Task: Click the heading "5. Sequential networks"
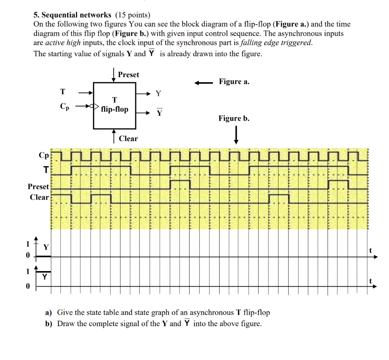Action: (x=72, y=15)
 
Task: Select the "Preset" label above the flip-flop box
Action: (x=128, y=75)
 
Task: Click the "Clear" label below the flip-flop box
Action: (x=128, y=139)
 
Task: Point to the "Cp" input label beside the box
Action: (x=65, y=106)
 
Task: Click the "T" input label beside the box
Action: (x=63, y=92)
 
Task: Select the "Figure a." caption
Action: (x=234, y=82)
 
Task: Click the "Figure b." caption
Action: (x=234, y=119)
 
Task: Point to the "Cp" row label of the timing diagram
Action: (x=44, y=155)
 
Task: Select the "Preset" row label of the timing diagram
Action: (x=38, y=187)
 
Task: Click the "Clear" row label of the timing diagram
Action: (x=40, y=197)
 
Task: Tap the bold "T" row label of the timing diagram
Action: (x=46, y=170)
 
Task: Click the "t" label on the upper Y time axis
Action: (x=370, y=250)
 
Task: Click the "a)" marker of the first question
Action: (x=48, y=313)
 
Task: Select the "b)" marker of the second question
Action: (x=49, y=324)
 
